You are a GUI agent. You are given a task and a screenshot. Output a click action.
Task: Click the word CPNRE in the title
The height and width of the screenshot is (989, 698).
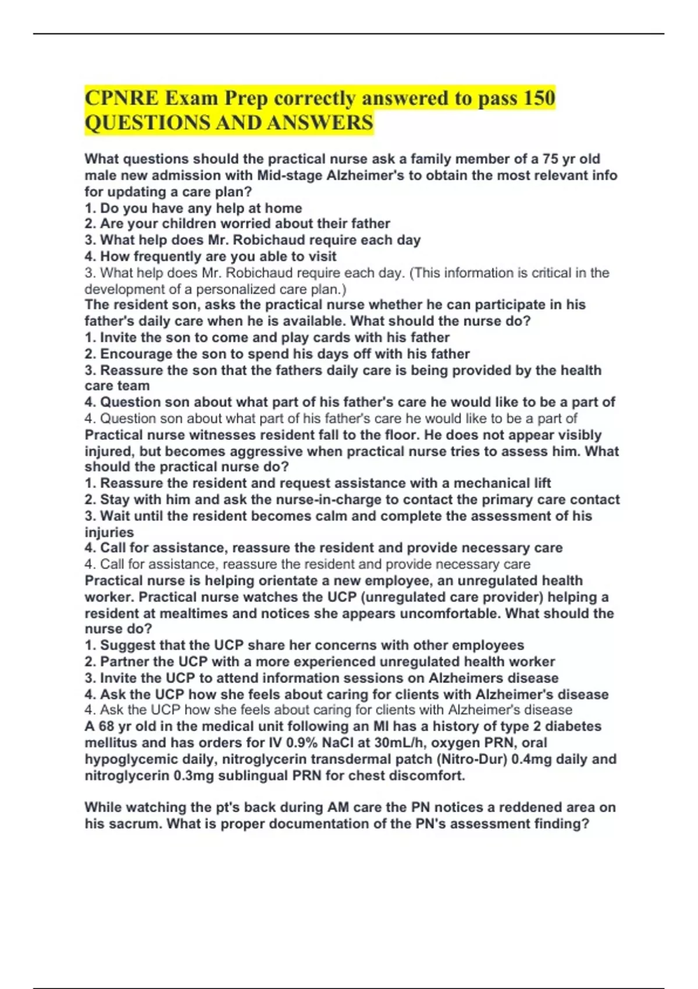121,98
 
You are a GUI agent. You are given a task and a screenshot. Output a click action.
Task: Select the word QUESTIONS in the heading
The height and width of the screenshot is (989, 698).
147,123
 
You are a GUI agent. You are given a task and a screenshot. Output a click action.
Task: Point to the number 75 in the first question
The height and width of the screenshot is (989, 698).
550,159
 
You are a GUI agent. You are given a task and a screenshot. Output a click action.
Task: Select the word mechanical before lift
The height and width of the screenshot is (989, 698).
492,483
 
